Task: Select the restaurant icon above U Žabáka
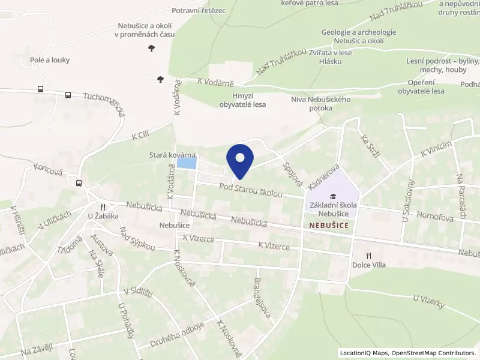(x=103, y=206)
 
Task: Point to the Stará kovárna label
(x=173, y=155)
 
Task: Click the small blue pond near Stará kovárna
(x=187, y=163)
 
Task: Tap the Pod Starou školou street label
(x=250, y=190)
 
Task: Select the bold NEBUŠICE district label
(x=329, y=225)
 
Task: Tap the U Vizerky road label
(x=428, y=301)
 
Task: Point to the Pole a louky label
(x=50, y=60)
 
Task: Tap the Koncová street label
(x=49, y=172)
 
